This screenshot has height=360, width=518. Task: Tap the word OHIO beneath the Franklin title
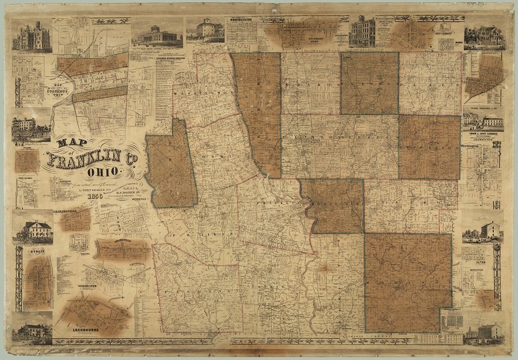tap(104, 171)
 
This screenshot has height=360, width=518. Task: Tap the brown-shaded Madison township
tap(407, 282)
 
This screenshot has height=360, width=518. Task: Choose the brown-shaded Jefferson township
tap(429, 147)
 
